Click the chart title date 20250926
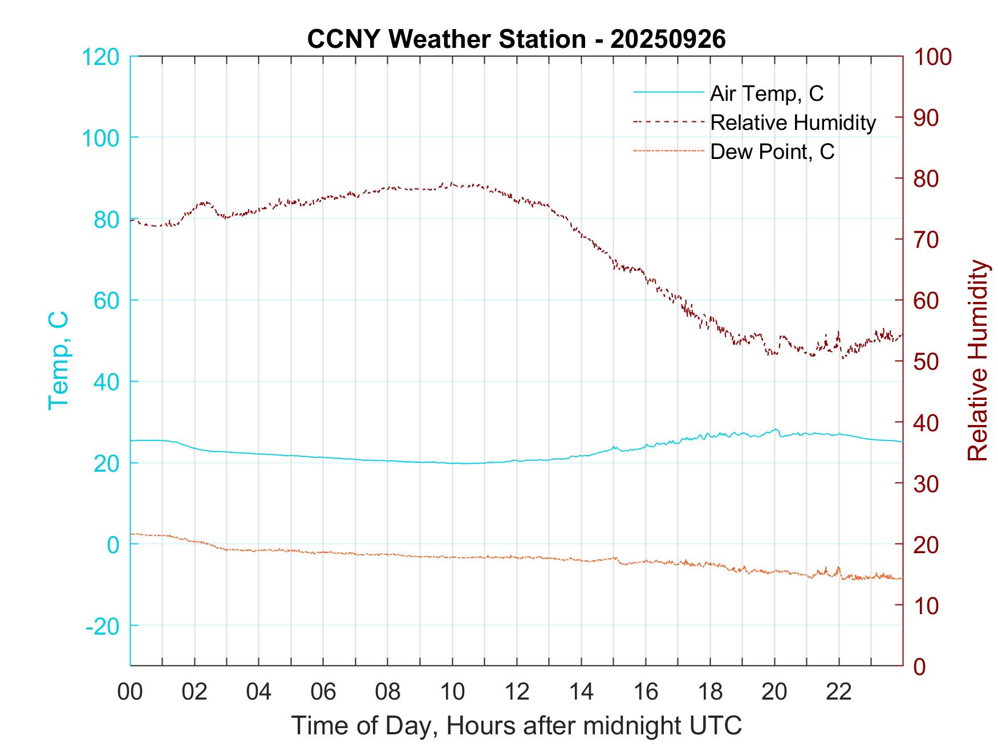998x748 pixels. coord(668,39)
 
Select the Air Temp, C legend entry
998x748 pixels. coord(766,93)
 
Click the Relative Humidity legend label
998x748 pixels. coord(793,122)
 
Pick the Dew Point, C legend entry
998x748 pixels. coord(772,152)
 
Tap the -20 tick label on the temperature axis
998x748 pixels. coord(103,626)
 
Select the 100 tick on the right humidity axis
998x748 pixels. coord(932,56)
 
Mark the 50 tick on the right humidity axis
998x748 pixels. coord(927,361)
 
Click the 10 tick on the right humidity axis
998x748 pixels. coord(927,605)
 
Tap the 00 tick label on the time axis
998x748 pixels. coord(130,692)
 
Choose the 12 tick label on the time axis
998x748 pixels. coord(517,692)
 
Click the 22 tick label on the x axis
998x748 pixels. coord(839,692)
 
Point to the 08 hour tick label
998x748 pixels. coord(388,692)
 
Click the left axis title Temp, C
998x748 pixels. coord(58,361)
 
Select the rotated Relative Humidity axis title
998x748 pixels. coord(977,361)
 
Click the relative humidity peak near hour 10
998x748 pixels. coord(452,183)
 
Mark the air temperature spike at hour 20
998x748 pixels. coord(776,430)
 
